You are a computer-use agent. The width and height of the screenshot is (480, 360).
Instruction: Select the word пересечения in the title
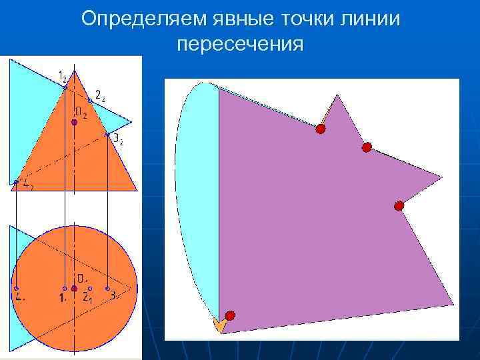[x=241, y=44]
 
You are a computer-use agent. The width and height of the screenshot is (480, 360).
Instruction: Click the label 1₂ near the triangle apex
[x=61, y=76]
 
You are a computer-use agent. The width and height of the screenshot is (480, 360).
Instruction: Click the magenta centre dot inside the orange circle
[x=74, y=289]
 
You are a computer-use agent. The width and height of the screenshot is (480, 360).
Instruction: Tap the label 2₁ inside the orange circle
[x=87, y=298]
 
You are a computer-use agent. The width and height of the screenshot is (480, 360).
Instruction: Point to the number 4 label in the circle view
[x=20, y=298]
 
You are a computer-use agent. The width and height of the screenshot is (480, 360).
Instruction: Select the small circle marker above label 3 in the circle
[x=107, y=289]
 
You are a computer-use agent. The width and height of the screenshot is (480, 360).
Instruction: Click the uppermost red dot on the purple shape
[x=321, y=129]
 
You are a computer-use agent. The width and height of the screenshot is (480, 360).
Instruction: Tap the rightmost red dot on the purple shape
[x=399, y=206]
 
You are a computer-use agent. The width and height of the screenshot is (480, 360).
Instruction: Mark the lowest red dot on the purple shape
[x=230, y=315]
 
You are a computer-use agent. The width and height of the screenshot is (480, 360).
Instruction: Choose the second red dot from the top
[x=367, y=147]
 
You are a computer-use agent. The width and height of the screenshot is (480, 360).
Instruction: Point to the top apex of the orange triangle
[x=75, y=71]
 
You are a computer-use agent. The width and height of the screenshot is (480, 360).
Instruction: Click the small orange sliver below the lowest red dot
[x=217, y=325]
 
